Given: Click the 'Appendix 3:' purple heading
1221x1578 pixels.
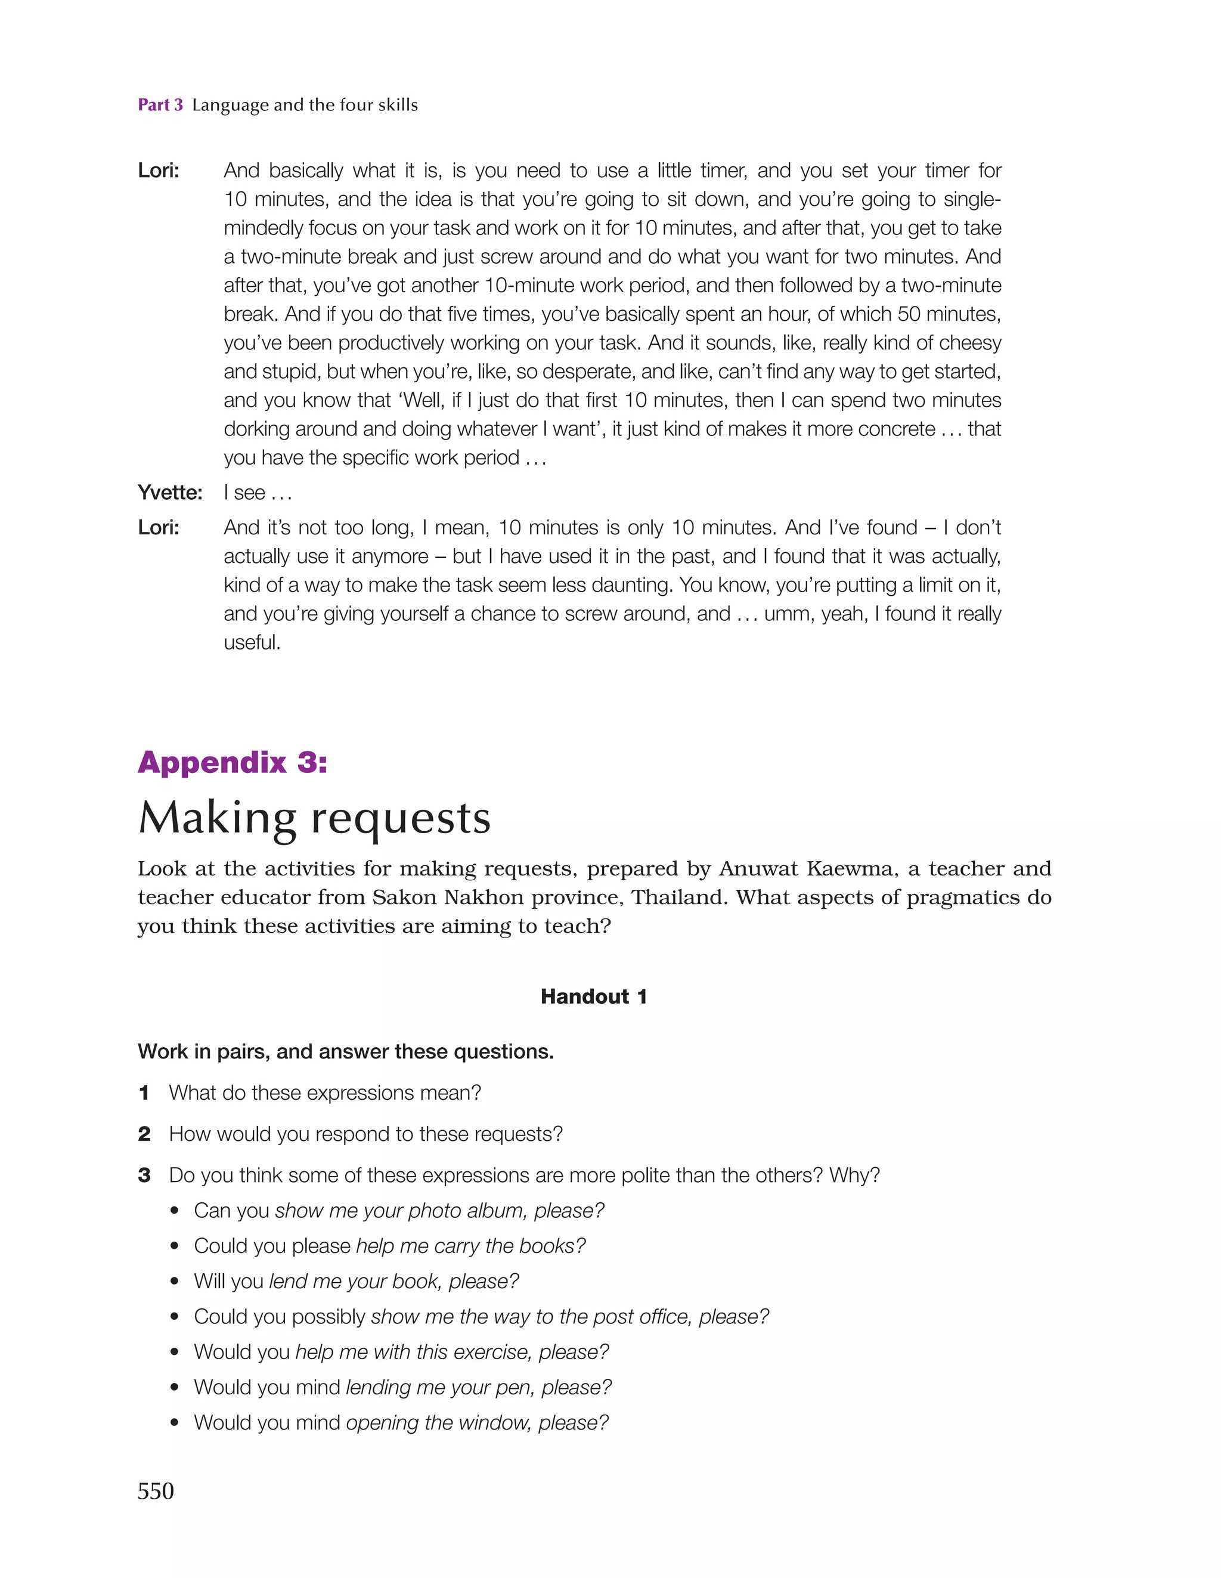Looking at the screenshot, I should pyautogui.click(x=232, y=762).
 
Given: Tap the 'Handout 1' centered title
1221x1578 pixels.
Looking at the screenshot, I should pyautogui.click(x=593, y=997).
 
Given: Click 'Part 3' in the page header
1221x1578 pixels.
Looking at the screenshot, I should pyautogui.click(x=160, y=105).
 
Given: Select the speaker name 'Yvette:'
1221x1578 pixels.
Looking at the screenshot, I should pyautogui.click(x=170, y=493).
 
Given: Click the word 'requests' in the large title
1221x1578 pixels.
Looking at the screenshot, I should pyautogui.click(x=401, y=819).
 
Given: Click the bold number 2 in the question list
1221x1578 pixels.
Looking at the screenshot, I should pyautogui.click(x=144, y=1134).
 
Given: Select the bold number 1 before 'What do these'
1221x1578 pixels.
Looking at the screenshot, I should pyautogui.click(x=144, y=1093).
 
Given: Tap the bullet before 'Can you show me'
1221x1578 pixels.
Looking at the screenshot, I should pyautogui.click(x=174, y=1211).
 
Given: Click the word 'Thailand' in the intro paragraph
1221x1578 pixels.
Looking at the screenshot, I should pyautogui.click(x=678, y=898).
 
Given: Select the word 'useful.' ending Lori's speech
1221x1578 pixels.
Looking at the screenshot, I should pyautogui.click(x=252, y=642).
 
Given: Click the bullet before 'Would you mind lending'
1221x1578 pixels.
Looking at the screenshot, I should pyautogui.click(x=174, y=1388).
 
